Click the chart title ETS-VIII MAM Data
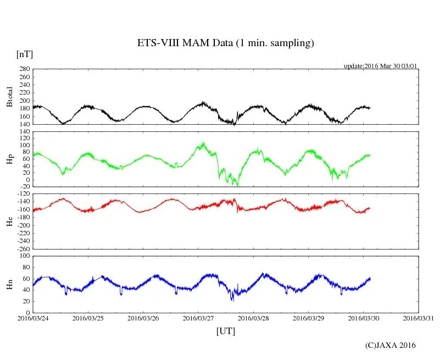225,43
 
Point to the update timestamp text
381,66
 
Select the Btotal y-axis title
9,97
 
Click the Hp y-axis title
9,159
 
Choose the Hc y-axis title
9,221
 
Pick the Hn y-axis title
9,284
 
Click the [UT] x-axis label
225,331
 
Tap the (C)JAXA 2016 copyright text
391,345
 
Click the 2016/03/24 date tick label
33,318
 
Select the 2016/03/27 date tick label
198,318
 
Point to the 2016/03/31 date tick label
419,318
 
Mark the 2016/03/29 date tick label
308,318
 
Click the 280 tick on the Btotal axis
24,69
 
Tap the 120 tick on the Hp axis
24,131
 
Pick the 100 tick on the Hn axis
24,256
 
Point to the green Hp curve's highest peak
204,142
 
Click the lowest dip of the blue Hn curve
232,300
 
